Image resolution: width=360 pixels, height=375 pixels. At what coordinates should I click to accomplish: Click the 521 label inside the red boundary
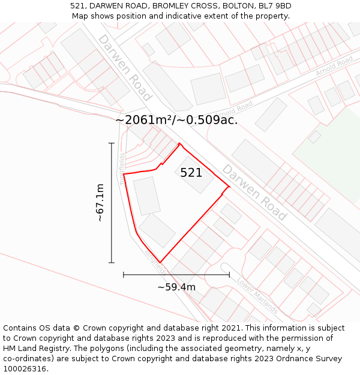pos(191,173)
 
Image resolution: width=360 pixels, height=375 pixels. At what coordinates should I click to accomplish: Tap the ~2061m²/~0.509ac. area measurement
pos(176,120)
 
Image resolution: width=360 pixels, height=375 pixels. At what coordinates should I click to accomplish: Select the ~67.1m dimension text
pos(100,203)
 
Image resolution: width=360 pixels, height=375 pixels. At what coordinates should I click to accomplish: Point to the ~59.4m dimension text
pos(176,287)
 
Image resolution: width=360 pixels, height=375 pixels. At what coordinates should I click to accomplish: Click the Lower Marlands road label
pos(257,295)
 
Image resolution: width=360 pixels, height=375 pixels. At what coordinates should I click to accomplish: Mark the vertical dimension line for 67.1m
pos(112,203)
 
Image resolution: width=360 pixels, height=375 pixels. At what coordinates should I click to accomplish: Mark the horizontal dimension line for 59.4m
pos(176,275)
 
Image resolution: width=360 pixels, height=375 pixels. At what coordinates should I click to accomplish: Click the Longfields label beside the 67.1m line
pos(122,169)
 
